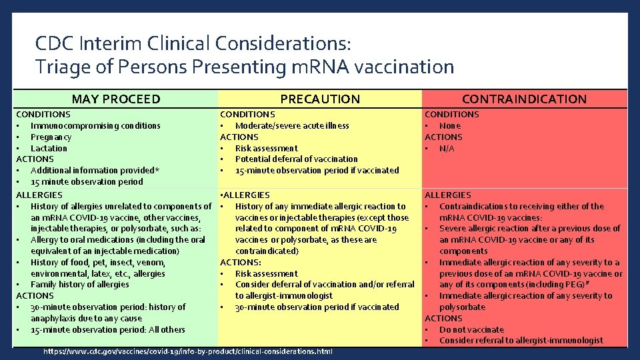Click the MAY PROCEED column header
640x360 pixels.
116,99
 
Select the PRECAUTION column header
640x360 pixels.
320,99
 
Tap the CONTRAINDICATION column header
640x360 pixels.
524,99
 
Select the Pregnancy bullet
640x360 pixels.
51,137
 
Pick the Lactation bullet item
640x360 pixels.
49,148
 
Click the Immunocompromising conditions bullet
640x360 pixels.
95,125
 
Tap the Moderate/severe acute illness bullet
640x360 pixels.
292,125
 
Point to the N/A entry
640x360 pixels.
447,148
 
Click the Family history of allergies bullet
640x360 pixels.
79,284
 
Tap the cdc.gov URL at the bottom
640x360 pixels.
187,351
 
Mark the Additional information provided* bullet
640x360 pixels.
95,170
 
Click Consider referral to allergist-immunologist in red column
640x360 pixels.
521,341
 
